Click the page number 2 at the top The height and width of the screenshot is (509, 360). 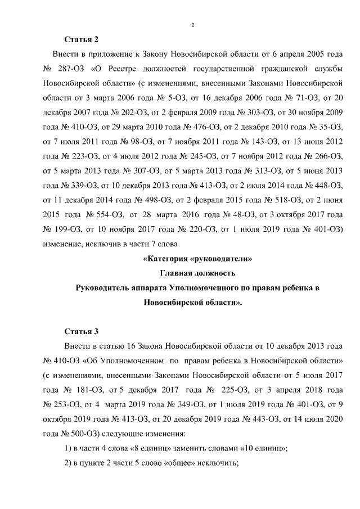pyautogui.click(x=192, y=25)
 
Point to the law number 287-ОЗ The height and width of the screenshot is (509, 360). pyautogui.click(x=71, y=69)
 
